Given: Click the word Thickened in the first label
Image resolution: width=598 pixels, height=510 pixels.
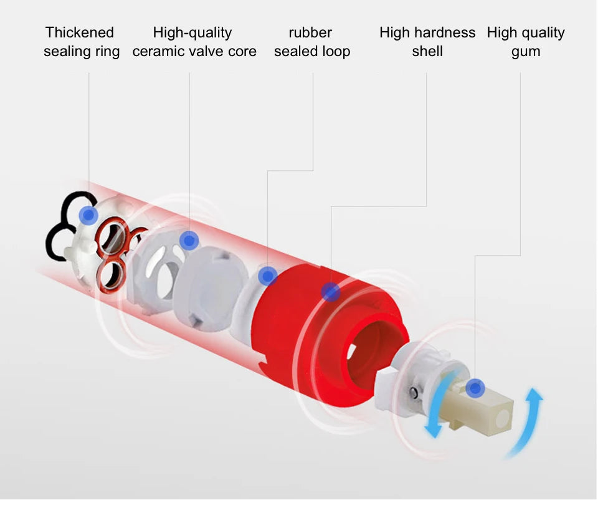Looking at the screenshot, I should pyautogui.click(x=80, y=32).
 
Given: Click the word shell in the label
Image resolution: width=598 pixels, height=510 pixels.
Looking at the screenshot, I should pyautogui.click(x=427, y=51).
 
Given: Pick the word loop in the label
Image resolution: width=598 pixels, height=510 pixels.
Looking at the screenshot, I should pyautogui.click(x=334, y=52).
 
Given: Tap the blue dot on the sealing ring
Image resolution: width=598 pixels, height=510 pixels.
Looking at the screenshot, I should pyautogui.click(x=89, y=216).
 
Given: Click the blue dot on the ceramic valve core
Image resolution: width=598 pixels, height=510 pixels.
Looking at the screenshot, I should pyautogui.click(x=189, y=240).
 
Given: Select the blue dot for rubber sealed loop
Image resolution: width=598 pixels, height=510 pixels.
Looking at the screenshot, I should pyautogui.click(x=268, y=275).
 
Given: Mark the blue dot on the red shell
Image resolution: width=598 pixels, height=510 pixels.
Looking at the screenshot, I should pyautogui.click(x=331, y=291).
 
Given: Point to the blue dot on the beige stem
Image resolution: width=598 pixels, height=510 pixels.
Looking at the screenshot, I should pyautogui.click(x=475, y=388).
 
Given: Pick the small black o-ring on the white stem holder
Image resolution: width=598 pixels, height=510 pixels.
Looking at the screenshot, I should pyautogui.click(x=414, y=392).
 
